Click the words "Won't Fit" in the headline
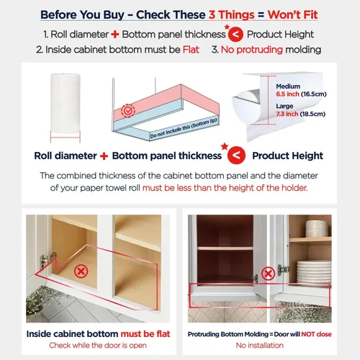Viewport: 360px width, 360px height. coord(292,15)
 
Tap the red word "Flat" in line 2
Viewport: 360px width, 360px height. coord(191,50)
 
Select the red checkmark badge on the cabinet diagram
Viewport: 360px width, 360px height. coord(128,111)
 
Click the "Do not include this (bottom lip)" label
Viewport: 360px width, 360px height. coord(184,128)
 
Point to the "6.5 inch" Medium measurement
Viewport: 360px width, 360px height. coord(287,94)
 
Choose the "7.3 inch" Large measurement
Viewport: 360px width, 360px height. coord(287,114)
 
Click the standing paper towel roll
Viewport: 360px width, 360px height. coord(66,103)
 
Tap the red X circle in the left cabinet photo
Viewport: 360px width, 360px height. coord(81,271)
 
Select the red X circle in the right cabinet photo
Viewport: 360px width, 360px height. coord(268,274)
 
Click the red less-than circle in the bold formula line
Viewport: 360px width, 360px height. coord(236,156)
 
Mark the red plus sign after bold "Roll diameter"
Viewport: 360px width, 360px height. coord(104,156)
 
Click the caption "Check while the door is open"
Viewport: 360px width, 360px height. coord(98,346)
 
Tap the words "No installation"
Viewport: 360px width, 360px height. coord(260,346)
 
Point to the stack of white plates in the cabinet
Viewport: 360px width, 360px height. coord(314,272)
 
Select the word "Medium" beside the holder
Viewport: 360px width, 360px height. coord(288,86)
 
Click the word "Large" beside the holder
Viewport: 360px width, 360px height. coord(284,106)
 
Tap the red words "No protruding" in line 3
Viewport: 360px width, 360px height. coord(252,50)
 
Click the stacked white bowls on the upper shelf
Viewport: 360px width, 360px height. coord(317,229)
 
